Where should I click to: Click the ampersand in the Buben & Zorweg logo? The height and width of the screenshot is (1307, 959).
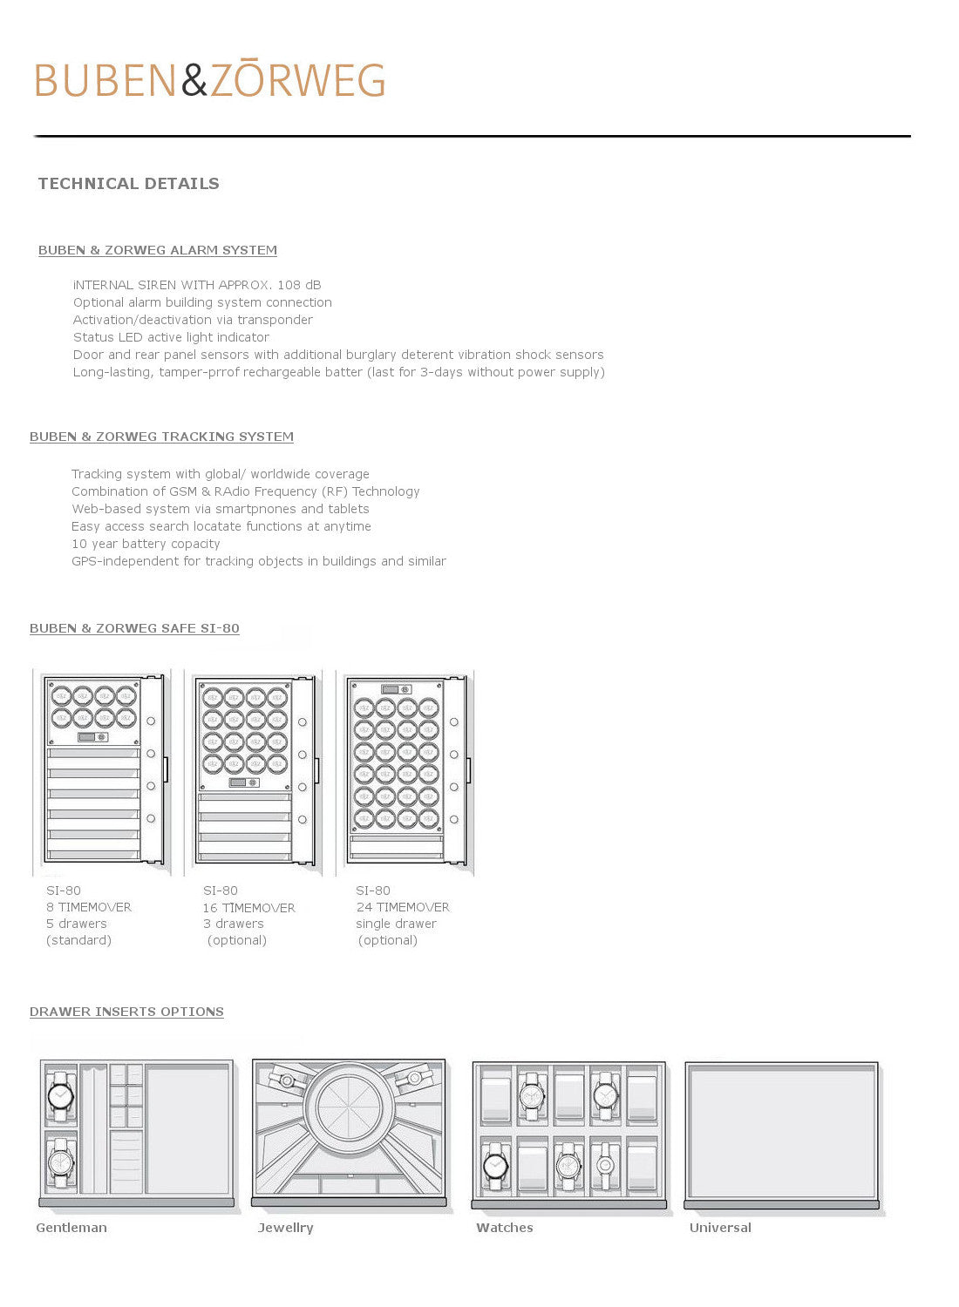194,80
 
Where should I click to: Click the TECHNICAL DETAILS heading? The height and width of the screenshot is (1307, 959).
128,184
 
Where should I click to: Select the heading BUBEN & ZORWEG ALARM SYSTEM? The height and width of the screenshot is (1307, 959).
158,250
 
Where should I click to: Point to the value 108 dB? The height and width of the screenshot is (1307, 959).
299,285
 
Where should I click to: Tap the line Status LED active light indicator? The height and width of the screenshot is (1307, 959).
171,337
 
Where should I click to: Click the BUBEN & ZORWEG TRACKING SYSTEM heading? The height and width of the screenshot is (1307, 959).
161,437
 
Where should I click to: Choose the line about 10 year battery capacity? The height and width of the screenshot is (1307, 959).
146,544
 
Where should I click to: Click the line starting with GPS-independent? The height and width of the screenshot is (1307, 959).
258,561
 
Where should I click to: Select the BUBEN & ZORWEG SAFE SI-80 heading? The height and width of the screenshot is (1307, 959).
134,628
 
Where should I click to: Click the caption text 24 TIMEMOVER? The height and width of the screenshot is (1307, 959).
403,907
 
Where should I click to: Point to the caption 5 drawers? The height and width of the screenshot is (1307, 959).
77,924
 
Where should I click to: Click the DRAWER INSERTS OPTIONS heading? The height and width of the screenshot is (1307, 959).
126,1012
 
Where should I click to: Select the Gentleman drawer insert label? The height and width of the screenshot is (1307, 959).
71,1228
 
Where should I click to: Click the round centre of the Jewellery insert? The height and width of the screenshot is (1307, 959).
349,1107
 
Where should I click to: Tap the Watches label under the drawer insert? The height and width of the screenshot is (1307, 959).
505,1228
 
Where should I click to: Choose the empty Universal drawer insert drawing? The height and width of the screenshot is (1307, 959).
781,1132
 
